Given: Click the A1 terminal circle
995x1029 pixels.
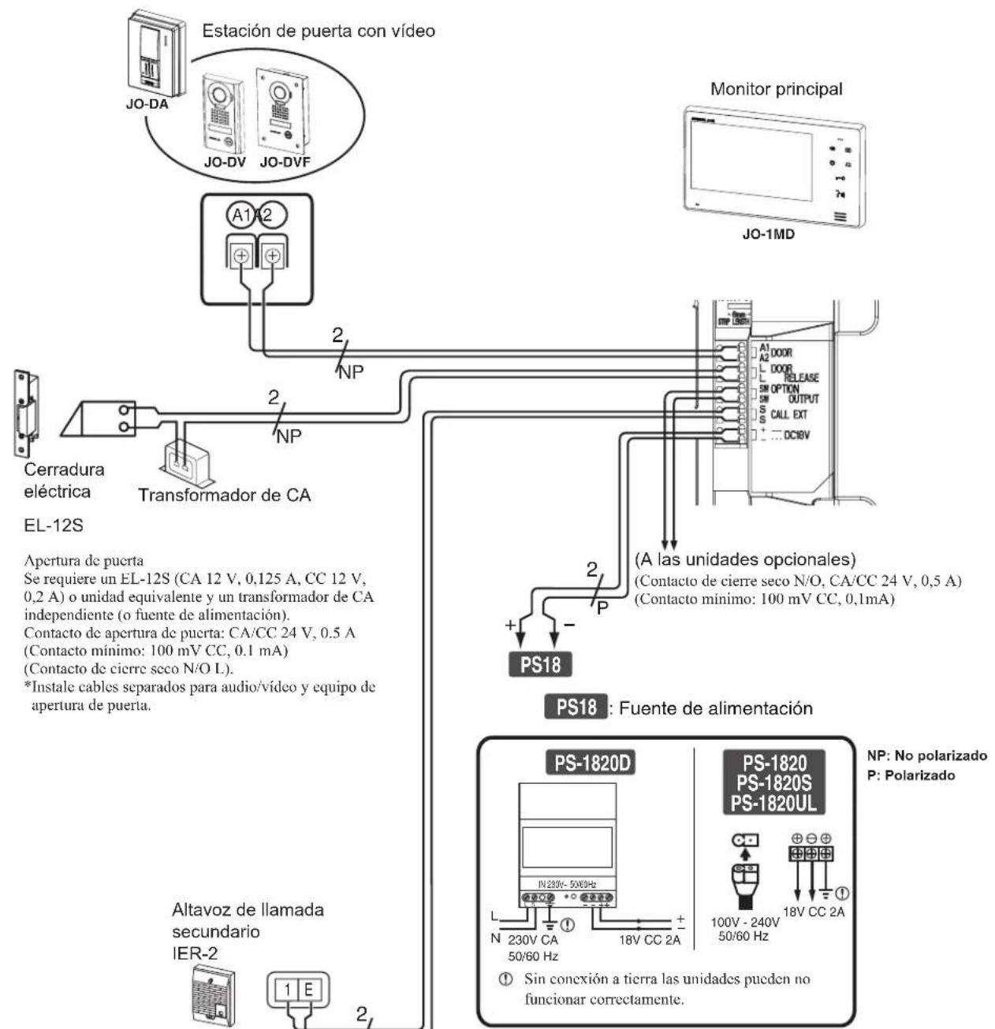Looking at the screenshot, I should (239, 214).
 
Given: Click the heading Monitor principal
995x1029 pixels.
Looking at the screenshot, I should (776, 89).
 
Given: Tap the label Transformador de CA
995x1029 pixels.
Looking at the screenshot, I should (225, 496).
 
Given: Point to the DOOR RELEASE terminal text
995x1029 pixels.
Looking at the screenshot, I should (784, 373).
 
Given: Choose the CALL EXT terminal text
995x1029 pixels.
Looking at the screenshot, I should (788, 414).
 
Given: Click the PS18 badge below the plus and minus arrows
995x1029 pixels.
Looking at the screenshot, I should (541, 664).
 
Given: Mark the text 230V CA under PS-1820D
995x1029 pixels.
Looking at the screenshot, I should (533, 940).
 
